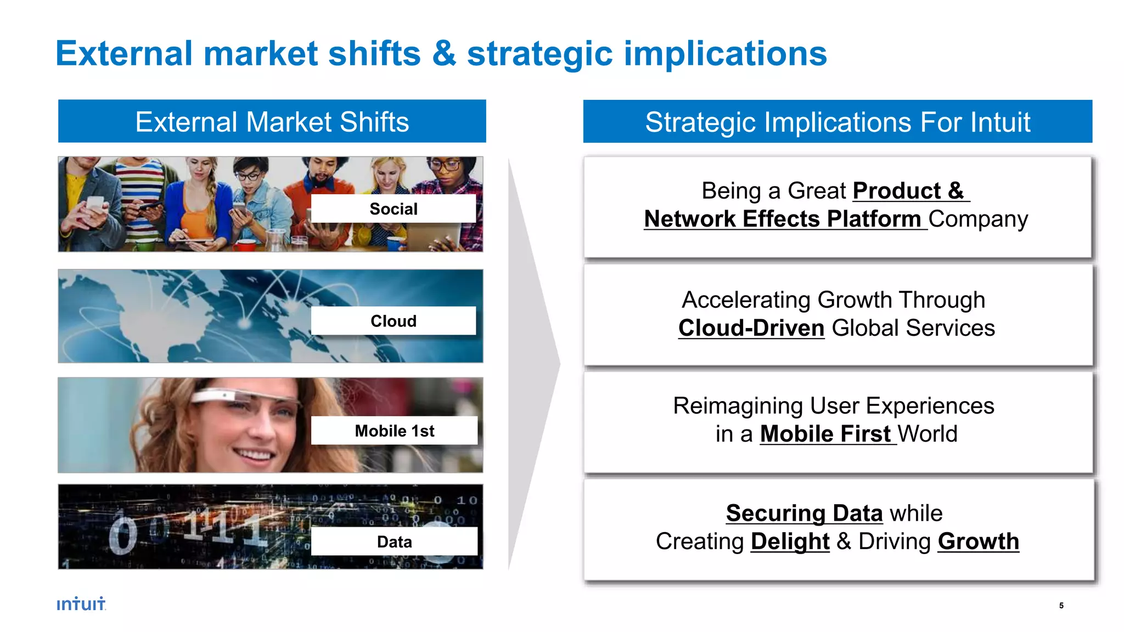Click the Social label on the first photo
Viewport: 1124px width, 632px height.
tap(393, 208)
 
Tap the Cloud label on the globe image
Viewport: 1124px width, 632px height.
tap(393, 321)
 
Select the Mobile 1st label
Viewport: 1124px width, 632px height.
tap(394, 431)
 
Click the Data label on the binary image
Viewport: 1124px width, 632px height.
tap(394, 541)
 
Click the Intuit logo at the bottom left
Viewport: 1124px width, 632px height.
tap(81, 604)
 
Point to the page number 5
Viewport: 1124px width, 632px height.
tap(1061, 606)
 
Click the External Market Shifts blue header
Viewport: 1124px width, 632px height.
tap(272, 121)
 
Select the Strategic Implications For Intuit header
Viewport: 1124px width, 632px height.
tap(837, 122)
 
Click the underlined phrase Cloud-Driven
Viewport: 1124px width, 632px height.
tap(751, 328)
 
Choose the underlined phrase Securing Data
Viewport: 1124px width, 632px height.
tap(803, 513)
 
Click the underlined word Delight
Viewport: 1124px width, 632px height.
tap(789, 541)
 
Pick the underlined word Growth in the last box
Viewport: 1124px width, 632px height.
tap(978, 541)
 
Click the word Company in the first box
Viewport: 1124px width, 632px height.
tap(978, 219)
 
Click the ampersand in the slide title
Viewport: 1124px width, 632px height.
tap(443, 54)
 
